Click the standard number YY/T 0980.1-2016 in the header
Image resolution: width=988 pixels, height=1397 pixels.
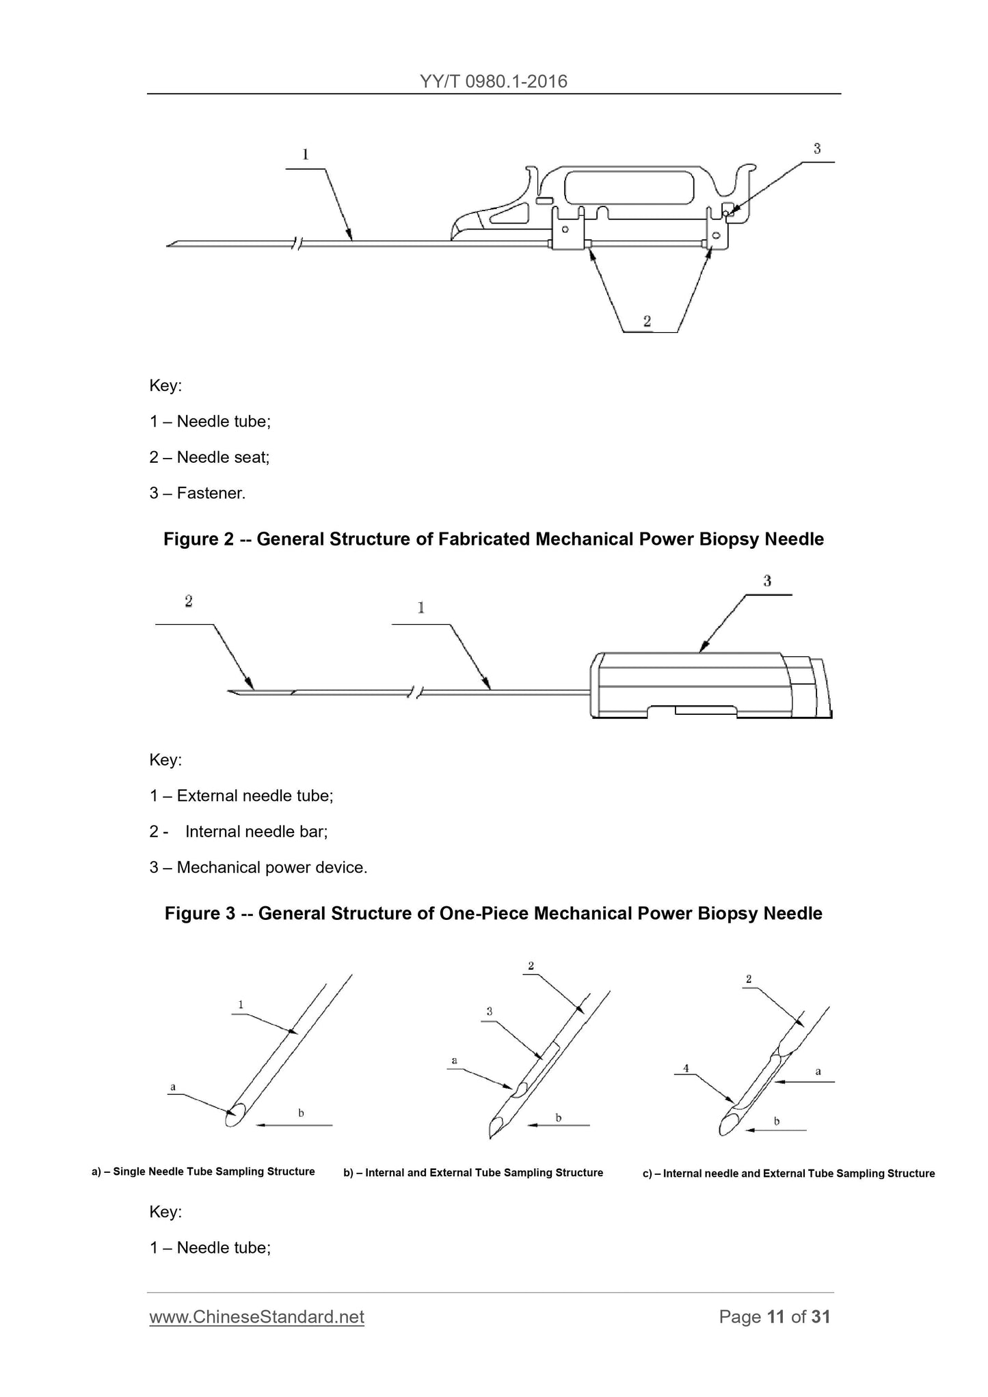tap(494, 81)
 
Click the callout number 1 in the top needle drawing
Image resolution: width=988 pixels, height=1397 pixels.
tap(305, 154)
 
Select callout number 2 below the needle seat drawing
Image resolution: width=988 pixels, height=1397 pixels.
tap(647, 321)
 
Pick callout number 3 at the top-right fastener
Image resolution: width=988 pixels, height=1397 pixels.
tap(816, 148)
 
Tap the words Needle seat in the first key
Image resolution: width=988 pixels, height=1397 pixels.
tap(222, 457)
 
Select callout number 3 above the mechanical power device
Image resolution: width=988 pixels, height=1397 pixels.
tap(767, 581)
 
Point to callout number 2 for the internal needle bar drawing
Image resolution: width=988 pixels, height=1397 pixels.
tap(188, 601)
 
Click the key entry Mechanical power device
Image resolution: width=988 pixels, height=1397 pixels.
tap(271, 867)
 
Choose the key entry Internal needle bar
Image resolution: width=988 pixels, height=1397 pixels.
tap(256, 832)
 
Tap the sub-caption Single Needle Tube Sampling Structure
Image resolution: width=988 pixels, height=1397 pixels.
tap(213, 1171)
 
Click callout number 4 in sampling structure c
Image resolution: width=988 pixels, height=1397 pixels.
tap(685, 1068)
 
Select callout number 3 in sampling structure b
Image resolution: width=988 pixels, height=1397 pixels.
tap(489, 1011)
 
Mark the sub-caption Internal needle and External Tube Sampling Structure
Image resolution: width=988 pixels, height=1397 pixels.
tap(799, 1174)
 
